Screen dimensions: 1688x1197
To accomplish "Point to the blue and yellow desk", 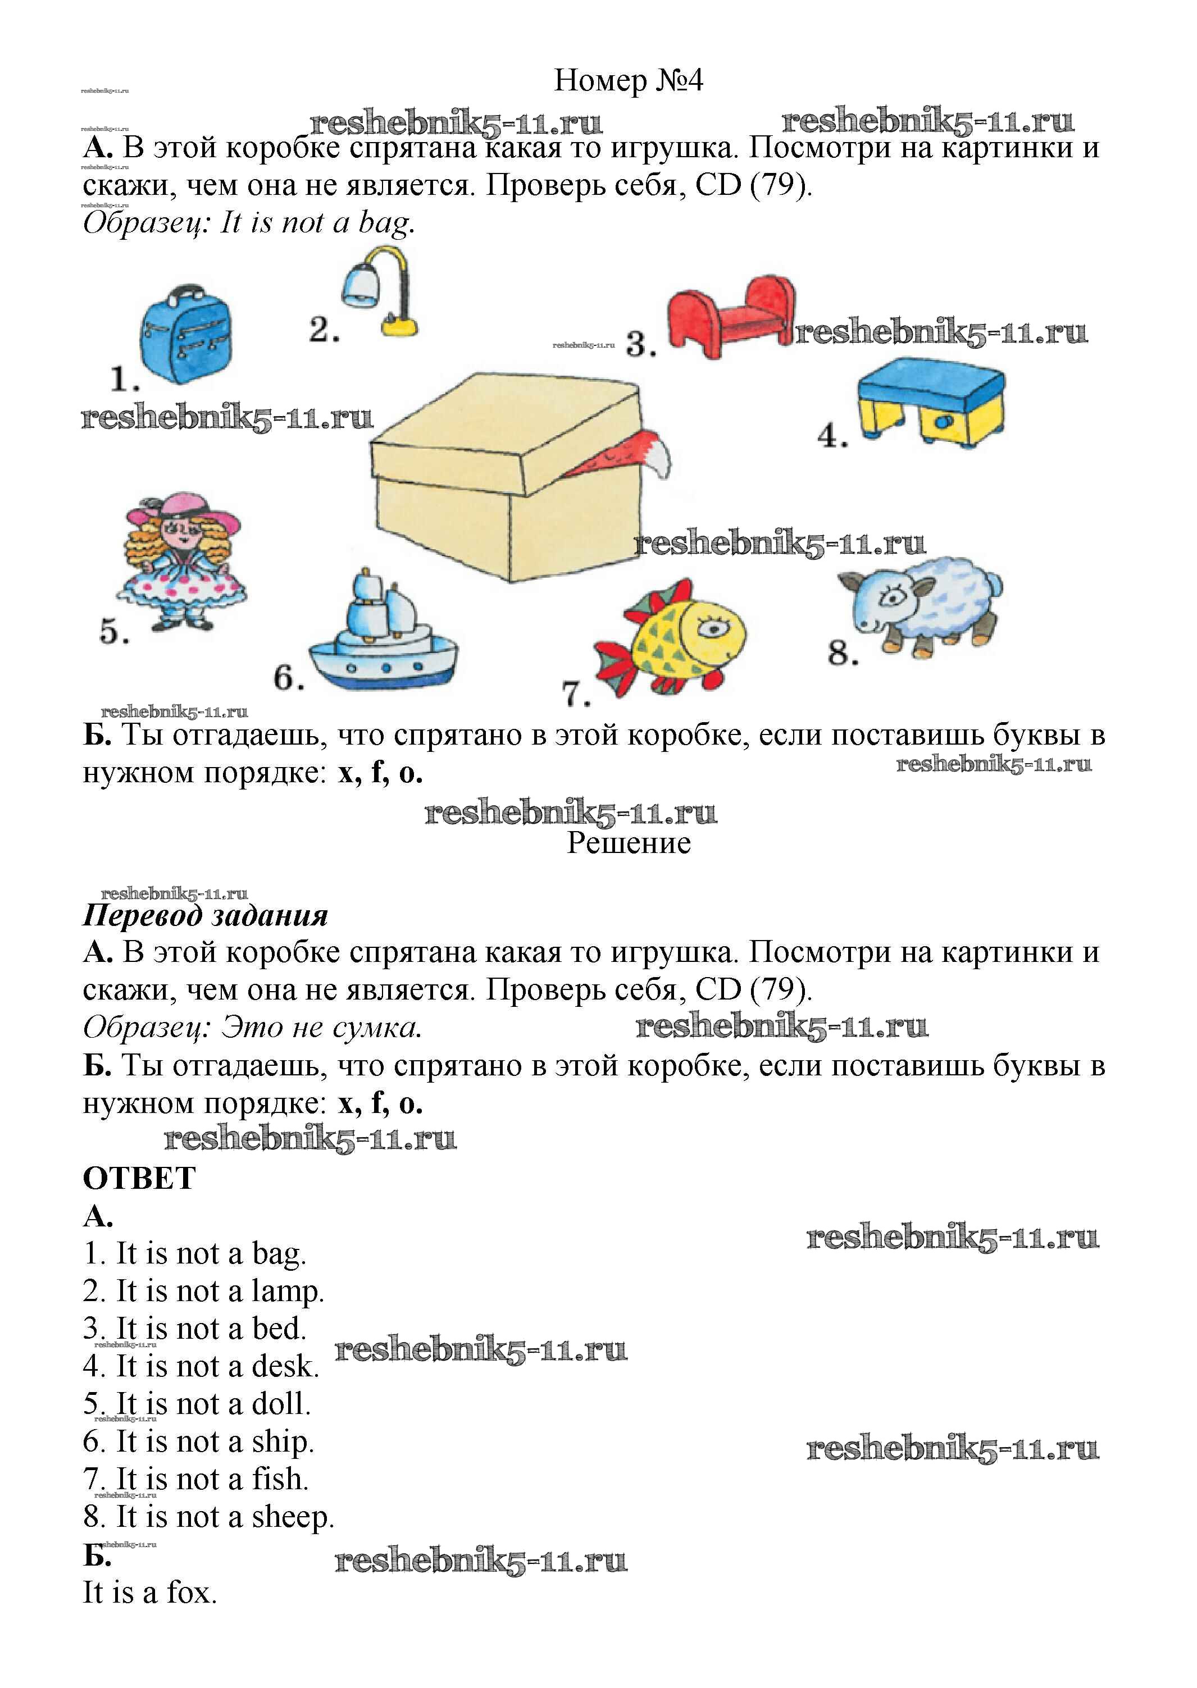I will click(x=931, y=402).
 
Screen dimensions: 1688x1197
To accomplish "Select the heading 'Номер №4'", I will click(x=628, y=80).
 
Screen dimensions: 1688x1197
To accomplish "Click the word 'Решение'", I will click(x=628, y=843).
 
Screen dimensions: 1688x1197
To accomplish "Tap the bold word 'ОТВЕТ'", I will click(x=139, y=1178).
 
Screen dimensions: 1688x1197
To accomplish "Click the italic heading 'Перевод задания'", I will click(x=206, y=915).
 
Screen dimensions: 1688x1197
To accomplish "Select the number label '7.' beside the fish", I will click(x=576, y=694).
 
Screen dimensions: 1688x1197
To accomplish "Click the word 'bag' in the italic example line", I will click(x=384, y=222).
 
